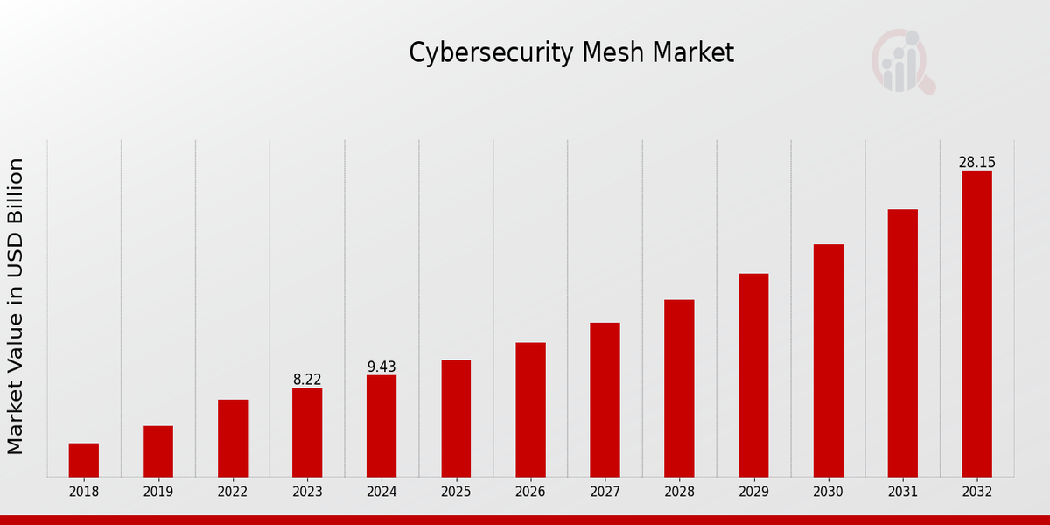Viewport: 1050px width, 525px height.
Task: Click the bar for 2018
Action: point(84,459)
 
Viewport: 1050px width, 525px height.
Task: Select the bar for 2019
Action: point(158,451)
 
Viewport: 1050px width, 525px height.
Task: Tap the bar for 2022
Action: point(233,437)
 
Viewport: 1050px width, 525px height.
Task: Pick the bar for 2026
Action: point(530,409)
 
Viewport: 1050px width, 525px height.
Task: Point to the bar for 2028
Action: point(679,388)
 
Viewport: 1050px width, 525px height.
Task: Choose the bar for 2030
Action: point(828,360)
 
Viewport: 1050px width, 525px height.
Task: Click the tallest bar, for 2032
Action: point(976,323)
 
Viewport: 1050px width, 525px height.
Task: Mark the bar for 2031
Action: point(902,342)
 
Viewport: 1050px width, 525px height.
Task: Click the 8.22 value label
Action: point(307,380)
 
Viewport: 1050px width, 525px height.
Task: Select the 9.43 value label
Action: point(381,367)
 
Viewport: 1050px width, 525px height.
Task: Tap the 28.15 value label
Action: point(976,163)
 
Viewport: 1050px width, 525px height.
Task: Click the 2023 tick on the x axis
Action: point(307,492)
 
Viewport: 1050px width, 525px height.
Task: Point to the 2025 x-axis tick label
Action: point(456,492)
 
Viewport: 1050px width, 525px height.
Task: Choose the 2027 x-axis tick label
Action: point(605,492)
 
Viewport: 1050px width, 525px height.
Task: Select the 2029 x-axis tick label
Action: point(753,492)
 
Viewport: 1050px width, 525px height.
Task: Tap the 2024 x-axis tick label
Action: point(381,492)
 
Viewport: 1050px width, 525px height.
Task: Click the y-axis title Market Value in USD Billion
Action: point(16,306)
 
